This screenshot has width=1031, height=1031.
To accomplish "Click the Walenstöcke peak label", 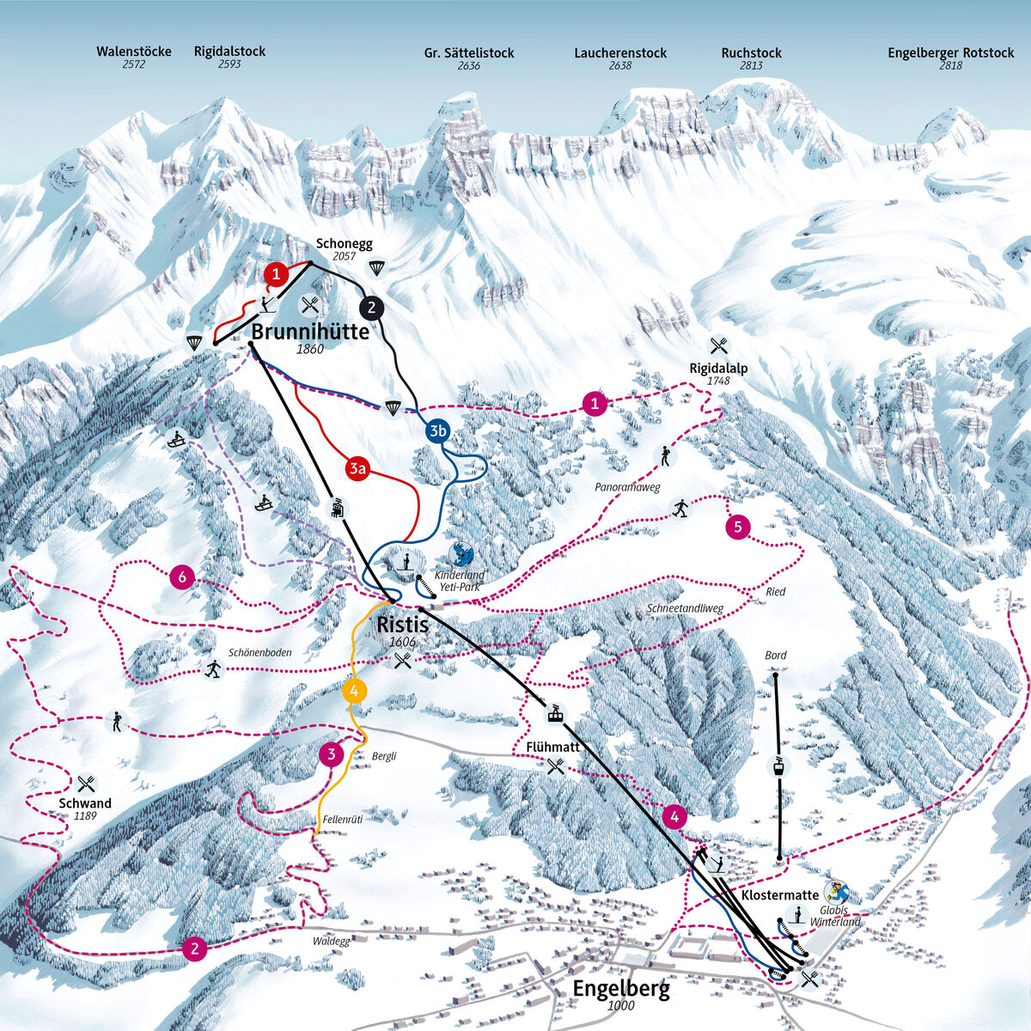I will click(133, 52).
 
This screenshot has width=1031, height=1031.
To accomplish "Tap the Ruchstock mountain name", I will click(751, 53).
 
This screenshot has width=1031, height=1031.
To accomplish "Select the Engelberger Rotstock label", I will click(950, 53).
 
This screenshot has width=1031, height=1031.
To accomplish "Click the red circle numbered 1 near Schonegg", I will click(275, 274).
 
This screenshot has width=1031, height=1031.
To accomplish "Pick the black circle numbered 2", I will click(371, 307).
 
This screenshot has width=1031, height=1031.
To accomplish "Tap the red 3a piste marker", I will click(358, 468).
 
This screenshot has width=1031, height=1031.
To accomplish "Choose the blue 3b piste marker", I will click(438, 431).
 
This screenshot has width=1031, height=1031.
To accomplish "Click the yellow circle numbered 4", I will click(354, 690).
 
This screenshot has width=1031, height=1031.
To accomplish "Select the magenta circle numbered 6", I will click(182, 577).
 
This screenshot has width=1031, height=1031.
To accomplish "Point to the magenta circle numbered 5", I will click(738, 527).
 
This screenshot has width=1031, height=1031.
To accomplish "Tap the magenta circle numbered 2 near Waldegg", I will click(195, 949).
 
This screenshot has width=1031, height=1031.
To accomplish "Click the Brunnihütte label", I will click(310, 332).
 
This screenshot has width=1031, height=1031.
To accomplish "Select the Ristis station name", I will click(401, 625).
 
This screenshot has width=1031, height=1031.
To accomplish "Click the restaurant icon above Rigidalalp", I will click(718, 345).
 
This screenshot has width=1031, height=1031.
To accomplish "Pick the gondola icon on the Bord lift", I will click(778, 766).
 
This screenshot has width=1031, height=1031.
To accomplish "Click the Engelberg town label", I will click(620, 988).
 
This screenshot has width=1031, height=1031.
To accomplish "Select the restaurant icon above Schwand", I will click(85, 784).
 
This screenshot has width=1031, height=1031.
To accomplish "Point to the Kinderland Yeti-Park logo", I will click(463, 553).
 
